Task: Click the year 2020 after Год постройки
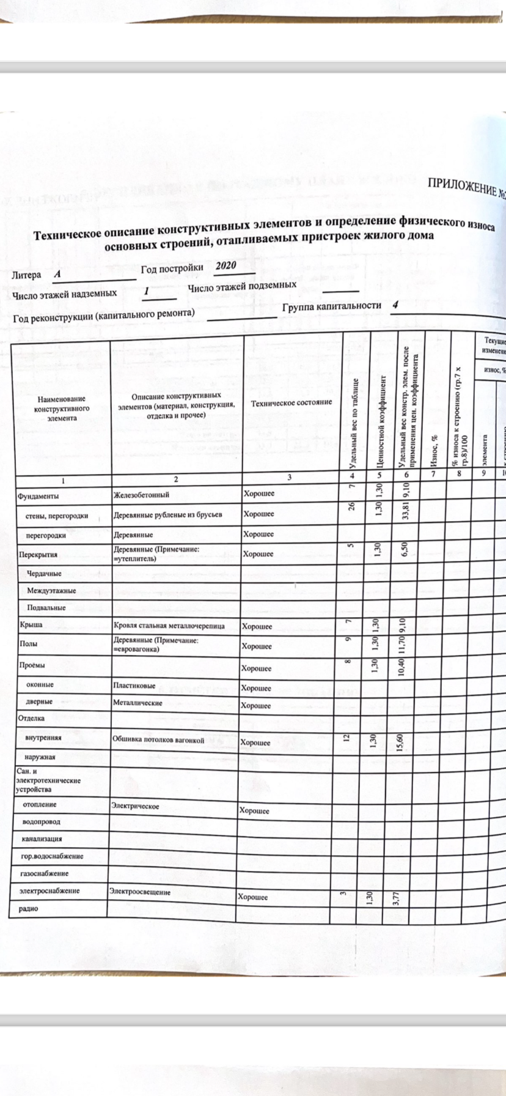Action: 226,265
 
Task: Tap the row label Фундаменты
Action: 38,496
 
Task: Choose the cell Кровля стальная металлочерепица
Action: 169,626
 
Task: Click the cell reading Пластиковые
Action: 133,686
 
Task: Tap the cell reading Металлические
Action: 137,703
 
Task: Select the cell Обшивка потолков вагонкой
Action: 158,740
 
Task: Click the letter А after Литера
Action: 57,275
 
